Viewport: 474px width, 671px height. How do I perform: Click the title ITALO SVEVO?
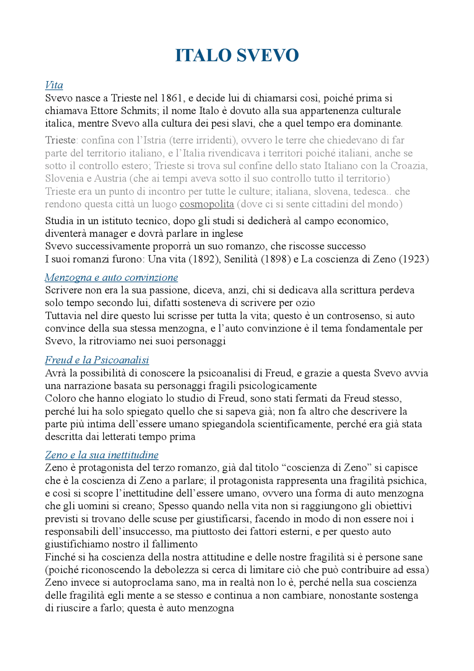pos(237,55)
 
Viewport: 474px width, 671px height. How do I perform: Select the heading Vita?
pos(54,85)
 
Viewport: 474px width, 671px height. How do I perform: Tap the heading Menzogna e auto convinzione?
pos(111,277)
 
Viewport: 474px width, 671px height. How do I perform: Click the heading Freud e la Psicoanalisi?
pos(97,360)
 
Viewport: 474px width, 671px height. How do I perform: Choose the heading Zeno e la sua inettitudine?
pos(102,455)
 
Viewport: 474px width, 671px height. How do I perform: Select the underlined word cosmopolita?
pos(207,204)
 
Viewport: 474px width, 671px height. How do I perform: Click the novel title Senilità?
pos(241,259)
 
